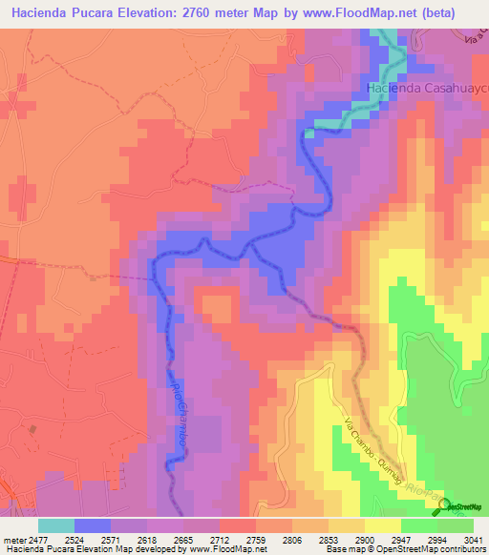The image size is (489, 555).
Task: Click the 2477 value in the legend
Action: coord(39,539)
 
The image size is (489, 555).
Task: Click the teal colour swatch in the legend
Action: coord(56,524)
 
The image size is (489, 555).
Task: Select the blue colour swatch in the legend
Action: coord(93,524)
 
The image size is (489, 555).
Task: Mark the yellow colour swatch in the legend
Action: coord(383,524)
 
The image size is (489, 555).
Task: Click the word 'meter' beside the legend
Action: coord(12,539)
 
